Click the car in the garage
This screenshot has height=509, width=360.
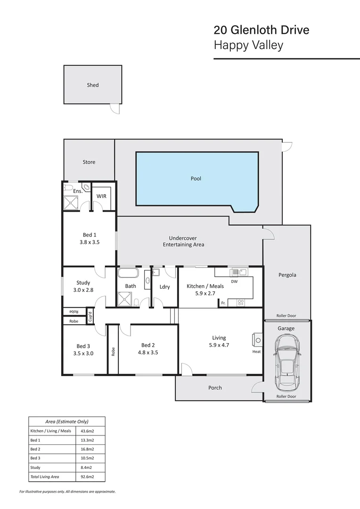pos(286,361)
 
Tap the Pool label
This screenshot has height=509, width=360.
pos(196,179)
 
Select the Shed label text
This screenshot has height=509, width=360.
pos(93,85)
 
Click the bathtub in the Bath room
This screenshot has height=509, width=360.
pos(128,273)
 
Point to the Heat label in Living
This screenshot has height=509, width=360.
pos(256,352)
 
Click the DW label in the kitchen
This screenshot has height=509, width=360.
pos(234,281)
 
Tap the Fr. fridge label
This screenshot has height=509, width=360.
pos(223,303)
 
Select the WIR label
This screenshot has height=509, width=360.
pos(102,196)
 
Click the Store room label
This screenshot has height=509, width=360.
pos(89,162)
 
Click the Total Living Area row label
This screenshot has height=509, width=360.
pos(45,477)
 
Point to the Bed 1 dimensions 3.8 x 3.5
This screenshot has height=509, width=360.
pos(90,242)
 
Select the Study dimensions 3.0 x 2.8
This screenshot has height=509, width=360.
pos(83,290)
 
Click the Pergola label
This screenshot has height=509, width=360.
pos(287,275)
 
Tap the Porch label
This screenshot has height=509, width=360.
pos(215,388)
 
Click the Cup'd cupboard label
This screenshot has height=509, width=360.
pos(90,316)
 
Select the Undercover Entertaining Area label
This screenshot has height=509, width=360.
pos(183,241)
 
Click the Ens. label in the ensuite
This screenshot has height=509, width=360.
pos(78,191)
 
